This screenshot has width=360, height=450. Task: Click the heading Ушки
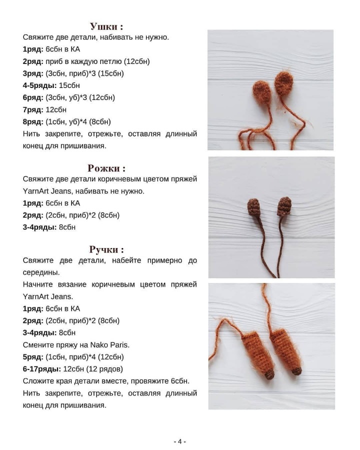(x=106, y=26)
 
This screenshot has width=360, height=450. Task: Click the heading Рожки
(x=106, y=168)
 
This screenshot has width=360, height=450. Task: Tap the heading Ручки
(x=106, y=249)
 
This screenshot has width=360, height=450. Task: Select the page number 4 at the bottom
(x=179, y=441)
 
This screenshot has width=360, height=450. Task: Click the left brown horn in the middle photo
(x=253, y=207)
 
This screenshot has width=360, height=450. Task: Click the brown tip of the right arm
(x=296, y=370)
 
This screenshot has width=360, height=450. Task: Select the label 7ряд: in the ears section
(x=33, y=109)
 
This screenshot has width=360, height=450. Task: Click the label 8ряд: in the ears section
(x=33, y=121)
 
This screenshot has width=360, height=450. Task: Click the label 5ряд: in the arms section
(x=33, y=357)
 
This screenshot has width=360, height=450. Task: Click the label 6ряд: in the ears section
(x=33, y=97)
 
